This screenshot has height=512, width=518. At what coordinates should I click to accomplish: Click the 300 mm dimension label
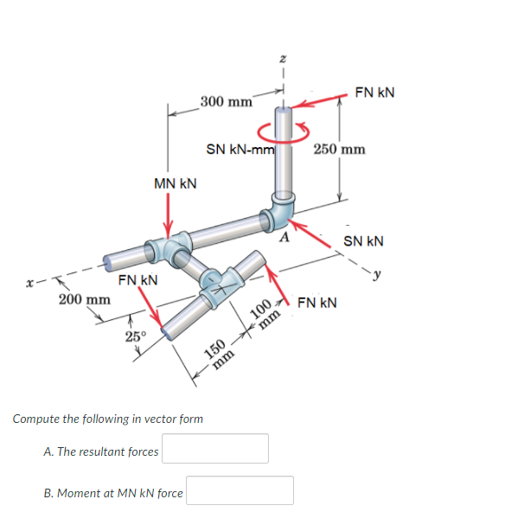pos(226,101)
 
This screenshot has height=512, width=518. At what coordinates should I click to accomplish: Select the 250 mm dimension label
pos(339,149)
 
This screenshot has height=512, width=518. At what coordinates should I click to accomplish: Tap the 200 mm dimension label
pos(84,299)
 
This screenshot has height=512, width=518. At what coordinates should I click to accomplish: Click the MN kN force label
pos(175,183)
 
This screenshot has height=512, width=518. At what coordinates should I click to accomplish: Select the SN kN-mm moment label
pos(240,150)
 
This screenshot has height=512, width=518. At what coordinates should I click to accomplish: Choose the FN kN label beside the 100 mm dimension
pos(317,304)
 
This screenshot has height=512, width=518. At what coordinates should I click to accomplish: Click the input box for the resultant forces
pos(214,449)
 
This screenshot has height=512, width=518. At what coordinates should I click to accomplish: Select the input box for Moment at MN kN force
pos(240,490)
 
